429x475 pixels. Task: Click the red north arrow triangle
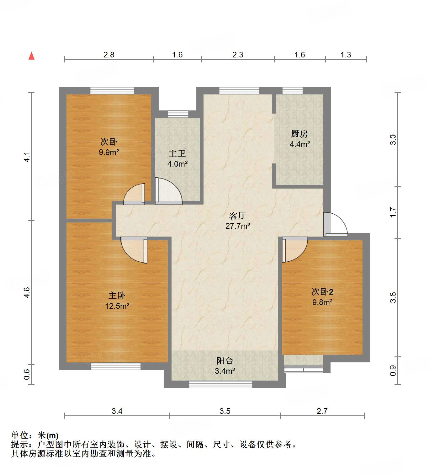[31, 56]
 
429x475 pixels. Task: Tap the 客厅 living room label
[237, 216]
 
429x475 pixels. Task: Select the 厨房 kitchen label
[299, 134]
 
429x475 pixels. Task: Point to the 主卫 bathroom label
[177, 153]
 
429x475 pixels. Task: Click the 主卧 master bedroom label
[117, 295]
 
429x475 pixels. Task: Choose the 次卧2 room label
[322, 291]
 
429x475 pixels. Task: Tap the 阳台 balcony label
[225, 360]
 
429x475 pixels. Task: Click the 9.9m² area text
[109, 152]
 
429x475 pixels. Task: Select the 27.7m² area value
[237, 226]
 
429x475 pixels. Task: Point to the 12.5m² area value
[117, 306]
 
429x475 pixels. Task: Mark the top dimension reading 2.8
[109, 55]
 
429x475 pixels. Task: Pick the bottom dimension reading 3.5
[225, 411]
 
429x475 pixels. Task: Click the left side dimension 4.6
[27, 292]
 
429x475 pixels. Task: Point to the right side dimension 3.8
[393, 297]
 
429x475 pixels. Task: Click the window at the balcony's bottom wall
[220, 384]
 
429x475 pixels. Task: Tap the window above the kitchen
[293, 91]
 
